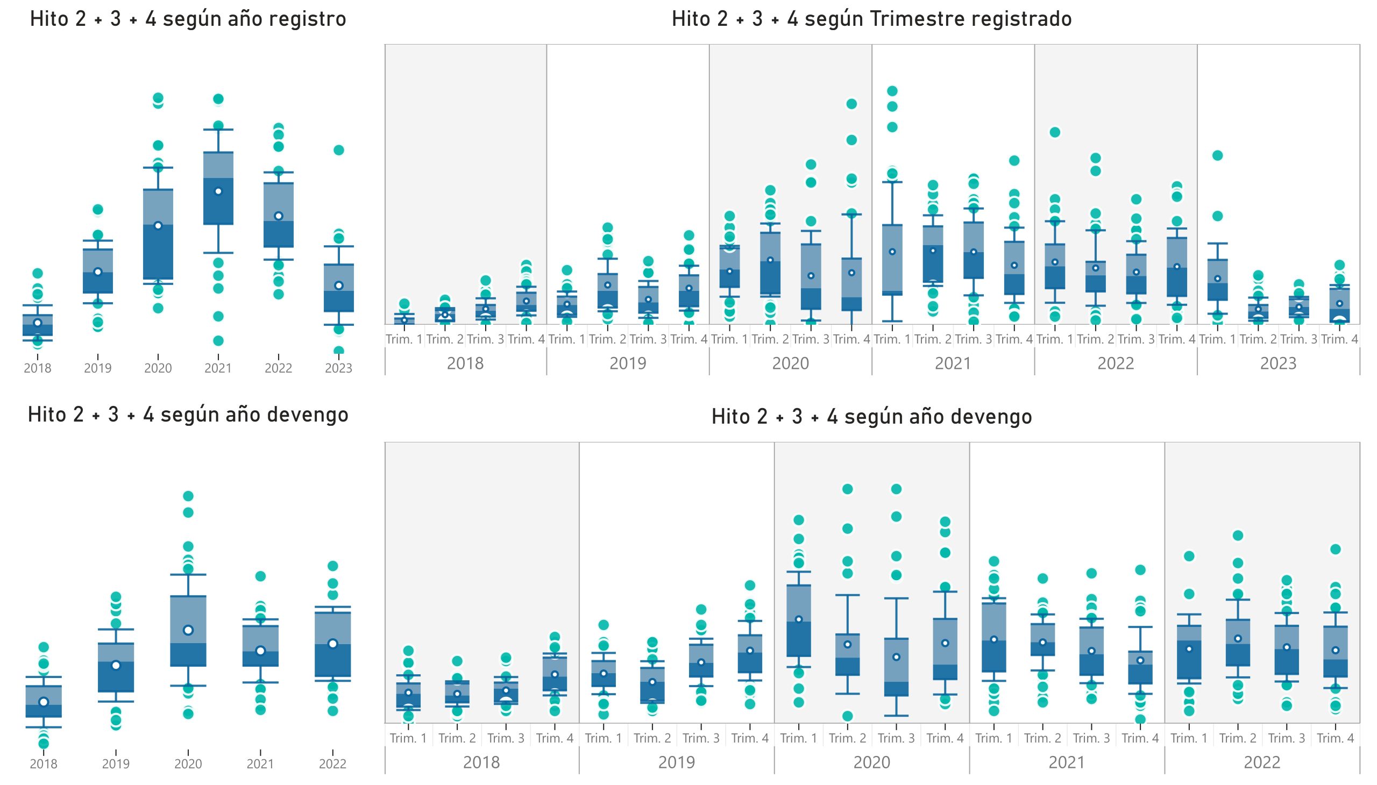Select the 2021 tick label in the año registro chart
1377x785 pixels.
click(218, 368)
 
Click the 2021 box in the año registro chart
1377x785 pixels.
click(218, 188)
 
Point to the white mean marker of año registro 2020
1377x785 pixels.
click(158, 225)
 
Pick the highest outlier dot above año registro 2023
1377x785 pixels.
click(339, 150)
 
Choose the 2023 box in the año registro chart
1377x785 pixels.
click(339, 288)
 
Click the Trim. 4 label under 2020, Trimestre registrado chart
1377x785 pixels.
click(851, 339)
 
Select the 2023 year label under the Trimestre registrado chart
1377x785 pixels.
click(1277, 363)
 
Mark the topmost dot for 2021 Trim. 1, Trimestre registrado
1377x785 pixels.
click(892, 90)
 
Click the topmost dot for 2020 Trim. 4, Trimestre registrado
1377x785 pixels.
click(851, 104)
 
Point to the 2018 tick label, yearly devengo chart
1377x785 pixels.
click(44, 764)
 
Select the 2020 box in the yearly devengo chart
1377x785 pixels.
click(188, 631)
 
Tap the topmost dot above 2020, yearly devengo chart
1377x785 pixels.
click(188, 496)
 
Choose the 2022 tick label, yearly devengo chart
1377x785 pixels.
click(332, 764)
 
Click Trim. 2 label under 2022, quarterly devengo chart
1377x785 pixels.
click(1237, 738)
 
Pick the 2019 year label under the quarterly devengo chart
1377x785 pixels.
click(676, 762)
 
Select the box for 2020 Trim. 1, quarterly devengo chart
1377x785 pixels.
click(799, 620)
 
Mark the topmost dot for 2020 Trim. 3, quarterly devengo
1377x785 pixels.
click(897, 489)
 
